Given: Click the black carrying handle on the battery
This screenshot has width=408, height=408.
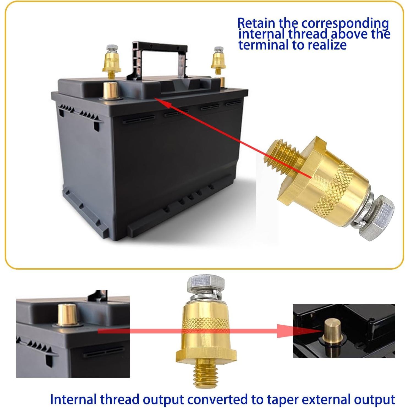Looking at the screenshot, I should tap(160, 48).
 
